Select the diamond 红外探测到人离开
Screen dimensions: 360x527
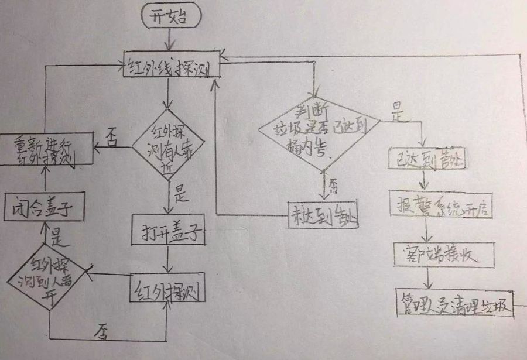[x=49, y=276]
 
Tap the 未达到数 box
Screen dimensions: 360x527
[x=323, y=215]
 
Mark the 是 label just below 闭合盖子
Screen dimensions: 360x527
[x=56, y=237]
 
